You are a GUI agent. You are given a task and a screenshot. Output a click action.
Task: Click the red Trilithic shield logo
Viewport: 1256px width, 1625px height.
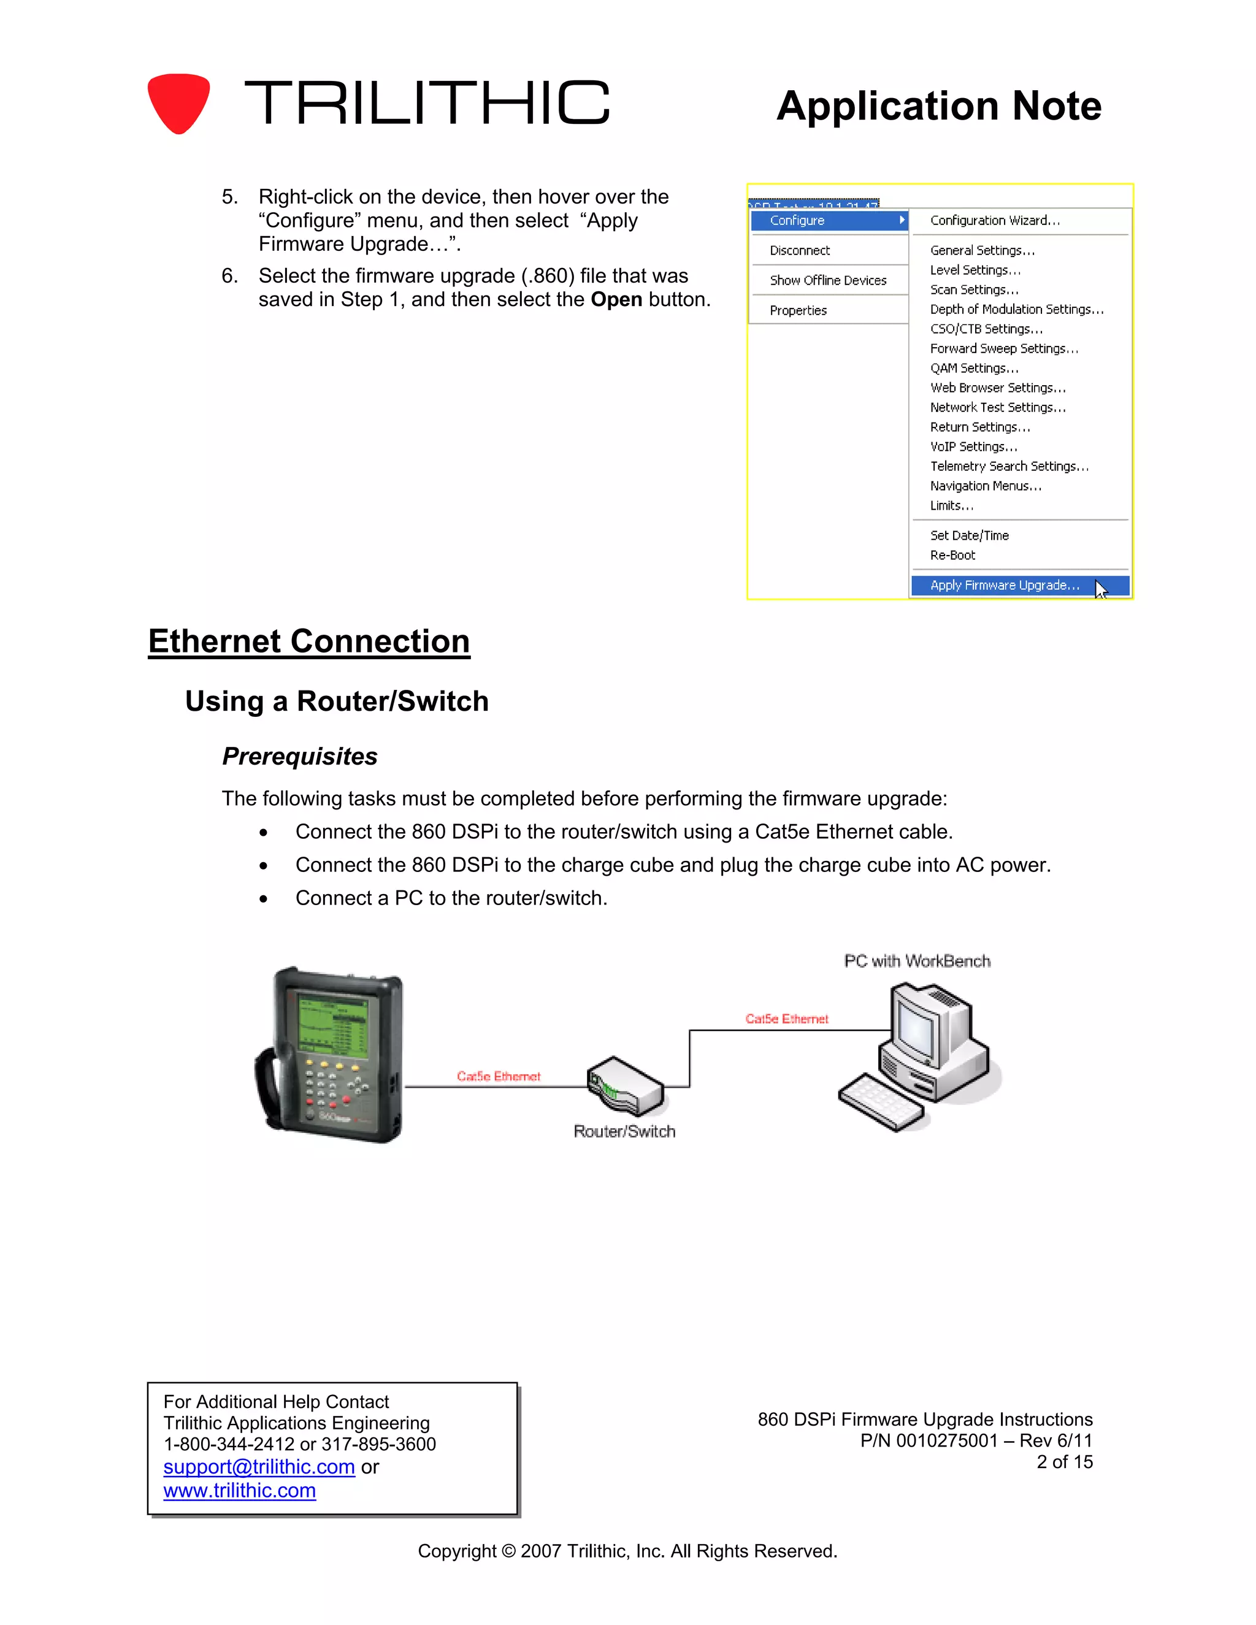coord(178,102)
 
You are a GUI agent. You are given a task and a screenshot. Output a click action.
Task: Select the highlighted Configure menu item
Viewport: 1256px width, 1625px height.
coord(827,220)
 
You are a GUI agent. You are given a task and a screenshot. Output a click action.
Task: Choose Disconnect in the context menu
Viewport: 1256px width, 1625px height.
coord(800,251)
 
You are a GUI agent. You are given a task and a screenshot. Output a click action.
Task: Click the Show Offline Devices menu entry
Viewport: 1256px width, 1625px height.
coord(827,280)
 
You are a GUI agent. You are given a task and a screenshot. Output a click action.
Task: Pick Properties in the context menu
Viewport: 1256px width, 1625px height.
coord(798,310)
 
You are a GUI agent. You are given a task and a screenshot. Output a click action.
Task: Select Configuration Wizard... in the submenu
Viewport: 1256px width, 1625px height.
coord(994,220)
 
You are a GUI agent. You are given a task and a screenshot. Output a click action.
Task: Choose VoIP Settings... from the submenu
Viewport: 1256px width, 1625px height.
coord(973,446)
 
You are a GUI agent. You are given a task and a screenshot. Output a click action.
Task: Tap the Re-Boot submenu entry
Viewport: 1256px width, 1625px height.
coord(952,555)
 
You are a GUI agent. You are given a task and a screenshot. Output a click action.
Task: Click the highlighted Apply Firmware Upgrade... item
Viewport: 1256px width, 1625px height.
coord(1005,586)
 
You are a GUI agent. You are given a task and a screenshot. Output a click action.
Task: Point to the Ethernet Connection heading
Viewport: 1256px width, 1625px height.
coord(309,641)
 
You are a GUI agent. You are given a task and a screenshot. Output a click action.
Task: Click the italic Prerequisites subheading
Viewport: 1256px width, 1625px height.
coord(300,756)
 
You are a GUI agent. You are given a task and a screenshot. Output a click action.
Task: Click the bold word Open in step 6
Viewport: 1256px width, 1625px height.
coord(616,299)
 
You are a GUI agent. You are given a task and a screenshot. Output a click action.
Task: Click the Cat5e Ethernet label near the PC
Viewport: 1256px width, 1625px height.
coord(786,1019)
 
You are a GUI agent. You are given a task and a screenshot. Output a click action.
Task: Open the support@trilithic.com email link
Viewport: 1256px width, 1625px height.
coord(259,1467)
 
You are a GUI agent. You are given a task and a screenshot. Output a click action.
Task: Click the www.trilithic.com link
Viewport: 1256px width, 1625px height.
coord(240,1490)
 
